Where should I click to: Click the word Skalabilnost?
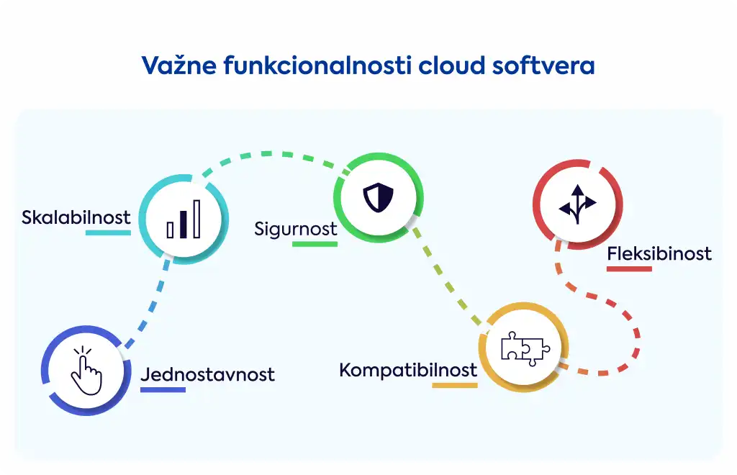tap(76, 217)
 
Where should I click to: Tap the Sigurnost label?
tap(296, 230)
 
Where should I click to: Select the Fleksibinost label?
tap(659, 254)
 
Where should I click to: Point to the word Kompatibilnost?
tap(408, 371)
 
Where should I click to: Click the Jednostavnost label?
tap(207, 374)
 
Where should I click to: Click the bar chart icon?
tap(184, 220)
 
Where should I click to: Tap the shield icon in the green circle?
tap(379, 197)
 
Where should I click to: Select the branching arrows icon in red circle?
tap(578, 204)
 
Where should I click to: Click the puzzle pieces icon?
tap(525, 348)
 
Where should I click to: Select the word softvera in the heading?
tap(543, 65)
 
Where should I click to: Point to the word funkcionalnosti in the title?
tap(317, 65)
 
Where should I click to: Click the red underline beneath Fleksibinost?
tap(629, 268)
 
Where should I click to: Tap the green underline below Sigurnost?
tap(315, 244)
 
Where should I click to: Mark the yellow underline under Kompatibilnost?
tap(455, 385)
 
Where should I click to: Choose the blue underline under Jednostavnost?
tap(163, 389)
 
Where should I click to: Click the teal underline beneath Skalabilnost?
tap(108, 232)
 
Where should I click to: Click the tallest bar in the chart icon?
tap(197, 220)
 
